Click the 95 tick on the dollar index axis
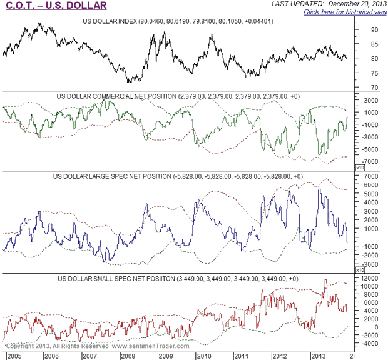(x=360, y=29)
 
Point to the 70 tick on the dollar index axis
(x=360, y=87)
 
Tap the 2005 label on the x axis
(x=11, y=355)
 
